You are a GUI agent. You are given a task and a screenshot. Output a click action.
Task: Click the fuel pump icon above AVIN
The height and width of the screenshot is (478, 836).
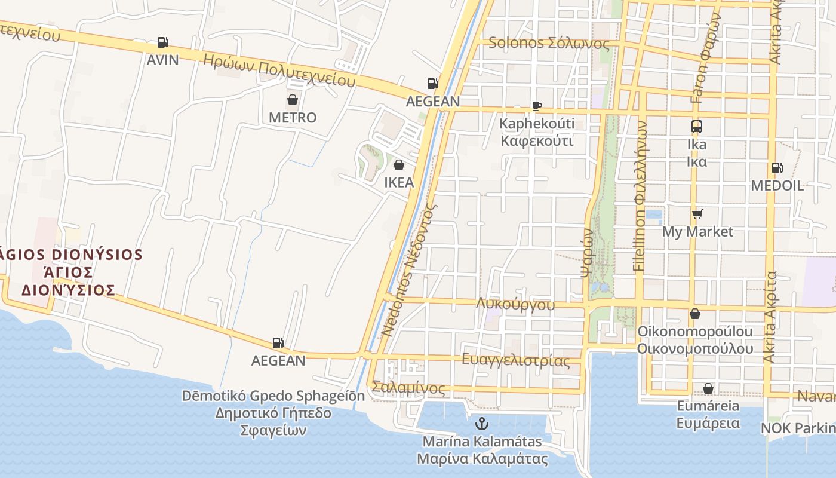[x=162, y=42]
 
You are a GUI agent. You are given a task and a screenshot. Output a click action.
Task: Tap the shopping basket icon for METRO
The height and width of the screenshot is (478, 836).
[x=293, y=100]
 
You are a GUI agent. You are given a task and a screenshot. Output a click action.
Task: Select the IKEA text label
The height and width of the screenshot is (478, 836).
[x=399, y=182]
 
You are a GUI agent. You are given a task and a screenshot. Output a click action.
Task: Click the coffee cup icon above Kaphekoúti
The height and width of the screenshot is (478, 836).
[x=536, y=106]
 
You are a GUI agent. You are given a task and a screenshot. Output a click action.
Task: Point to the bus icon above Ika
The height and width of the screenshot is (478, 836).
[x=696, y=127]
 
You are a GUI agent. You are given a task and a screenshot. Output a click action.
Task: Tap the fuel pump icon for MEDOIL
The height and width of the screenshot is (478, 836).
[x=777, y=168]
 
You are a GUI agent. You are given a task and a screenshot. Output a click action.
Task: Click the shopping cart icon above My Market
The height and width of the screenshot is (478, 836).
[x=697, y=214]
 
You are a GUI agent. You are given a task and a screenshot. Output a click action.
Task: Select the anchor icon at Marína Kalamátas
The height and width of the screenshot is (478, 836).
[x=481, y=424]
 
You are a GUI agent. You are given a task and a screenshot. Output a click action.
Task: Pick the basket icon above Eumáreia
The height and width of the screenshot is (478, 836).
[x=708, y=389]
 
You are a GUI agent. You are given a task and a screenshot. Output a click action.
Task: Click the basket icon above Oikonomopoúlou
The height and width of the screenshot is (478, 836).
[x=695, y=314]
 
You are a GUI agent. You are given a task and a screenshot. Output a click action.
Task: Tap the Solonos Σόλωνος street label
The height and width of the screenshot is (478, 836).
[x=549, y=43]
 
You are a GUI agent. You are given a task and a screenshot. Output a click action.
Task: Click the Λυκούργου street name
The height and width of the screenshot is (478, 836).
[x=515, y=304]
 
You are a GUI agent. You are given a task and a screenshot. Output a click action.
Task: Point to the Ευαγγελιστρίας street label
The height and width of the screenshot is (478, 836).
[x=516, y=360]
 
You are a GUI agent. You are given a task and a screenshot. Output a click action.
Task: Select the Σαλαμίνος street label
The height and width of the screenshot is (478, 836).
[x=408, y=388]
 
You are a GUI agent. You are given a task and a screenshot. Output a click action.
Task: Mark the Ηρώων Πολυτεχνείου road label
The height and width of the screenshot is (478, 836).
[x=279, y=70]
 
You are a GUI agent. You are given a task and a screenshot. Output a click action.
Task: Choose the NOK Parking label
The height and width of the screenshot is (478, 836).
[x=798, y=428]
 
